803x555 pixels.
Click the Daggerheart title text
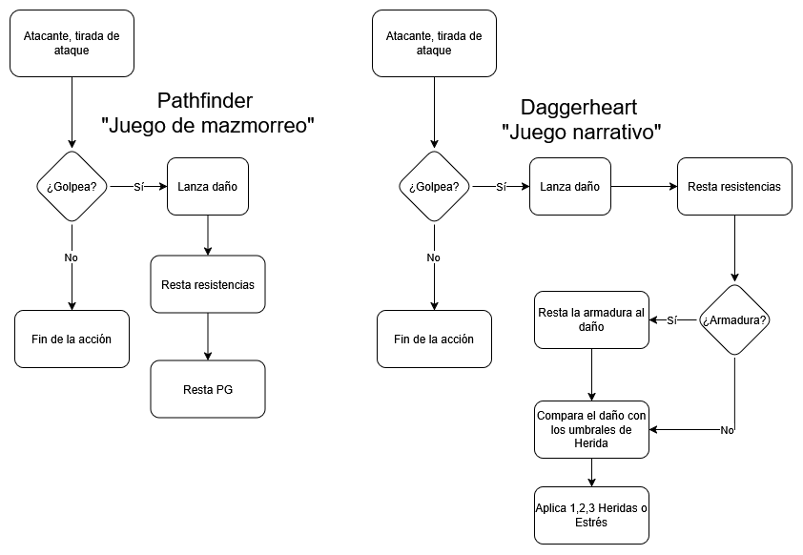click(x=581, y=108)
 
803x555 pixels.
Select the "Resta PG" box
click(x=207, y=389)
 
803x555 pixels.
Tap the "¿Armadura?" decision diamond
click(x=734, y=320)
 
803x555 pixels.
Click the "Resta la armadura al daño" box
click(x=591, y=319)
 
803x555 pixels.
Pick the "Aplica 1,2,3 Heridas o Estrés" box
click(x=591, y=515)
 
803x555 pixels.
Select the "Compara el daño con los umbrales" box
click(x=591, y=429)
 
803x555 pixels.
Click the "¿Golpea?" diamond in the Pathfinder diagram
click(x=72, y=186)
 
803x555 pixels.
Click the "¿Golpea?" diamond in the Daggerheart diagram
click(x=434, y=186)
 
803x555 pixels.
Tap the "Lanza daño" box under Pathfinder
click(x=207, y=186)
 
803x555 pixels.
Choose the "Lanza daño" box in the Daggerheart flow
click(x=569, y=186)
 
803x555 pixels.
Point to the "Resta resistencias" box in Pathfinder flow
click(x=207, y=284)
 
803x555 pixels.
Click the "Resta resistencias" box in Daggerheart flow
click(x=733, y=186)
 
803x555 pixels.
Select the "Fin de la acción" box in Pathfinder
click(x=72, y=339)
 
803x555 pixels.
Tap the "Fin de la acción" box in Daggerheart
click(x=434, y=339)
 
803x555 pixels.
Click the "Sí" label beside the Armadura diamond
click(x=672, y=320)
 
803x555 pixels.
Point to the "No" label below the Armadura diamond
click(x=727, y=430)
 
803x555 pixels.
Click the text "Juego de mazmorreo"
click(x=208, y=126)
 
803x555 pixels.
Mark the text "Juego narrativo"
click(x=581, y=133)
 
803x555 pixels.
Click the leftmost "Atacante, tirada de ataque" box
click(x=72, y=43)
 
